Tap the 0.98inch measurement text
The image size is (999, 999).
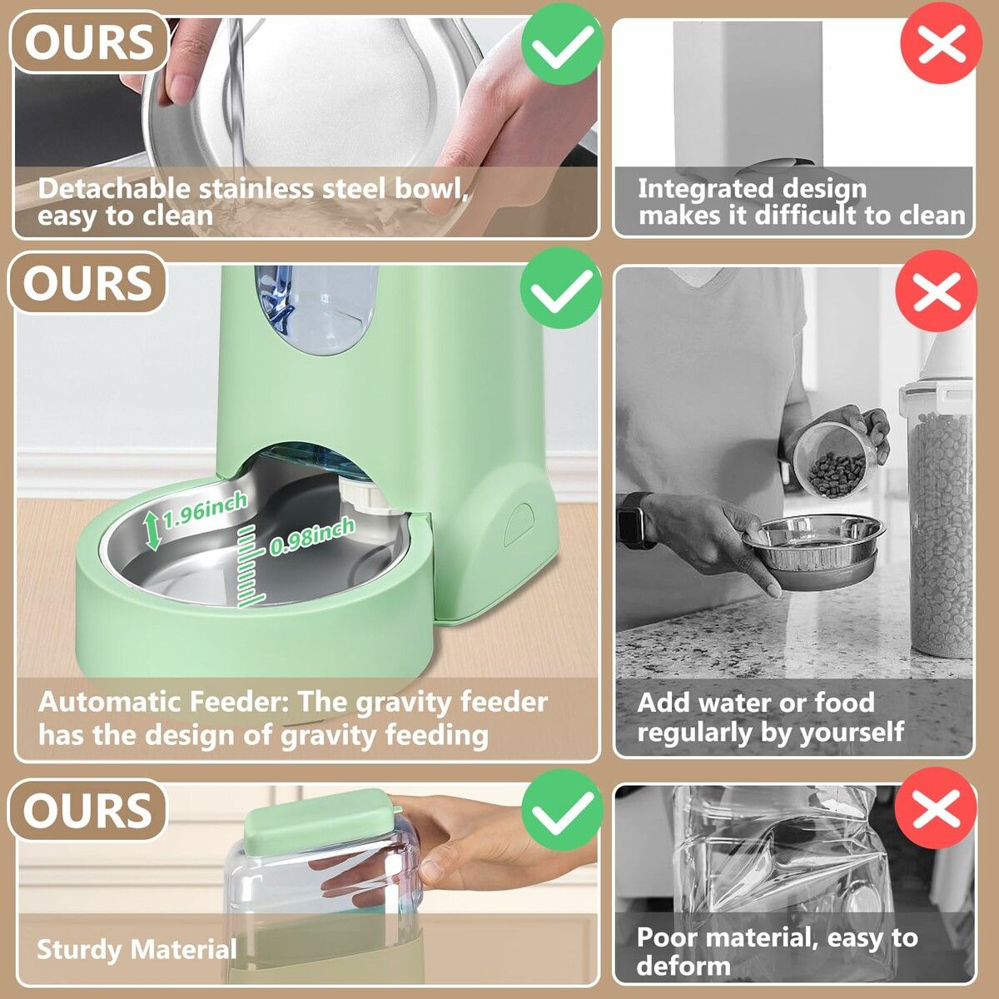pos(312,535)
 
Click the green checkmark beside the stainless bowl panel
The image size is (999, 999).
pos(561,42)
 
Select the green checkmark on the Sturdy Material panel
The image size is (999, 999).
pos(561,809)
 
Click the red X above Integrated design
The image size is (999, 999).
pos(941,42)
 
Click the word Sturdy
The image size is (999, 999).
pos(80,949)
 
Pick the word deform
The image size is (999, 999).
pos(683,966)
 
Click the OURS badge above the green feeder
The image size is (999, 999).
pos(88,283)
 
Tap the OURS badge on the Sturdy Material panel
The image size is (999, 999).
pos(88,811)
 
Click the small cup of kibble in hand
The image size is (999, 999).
pos(829,459)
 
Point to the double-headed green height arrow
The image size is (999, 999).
pos(152,530)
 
